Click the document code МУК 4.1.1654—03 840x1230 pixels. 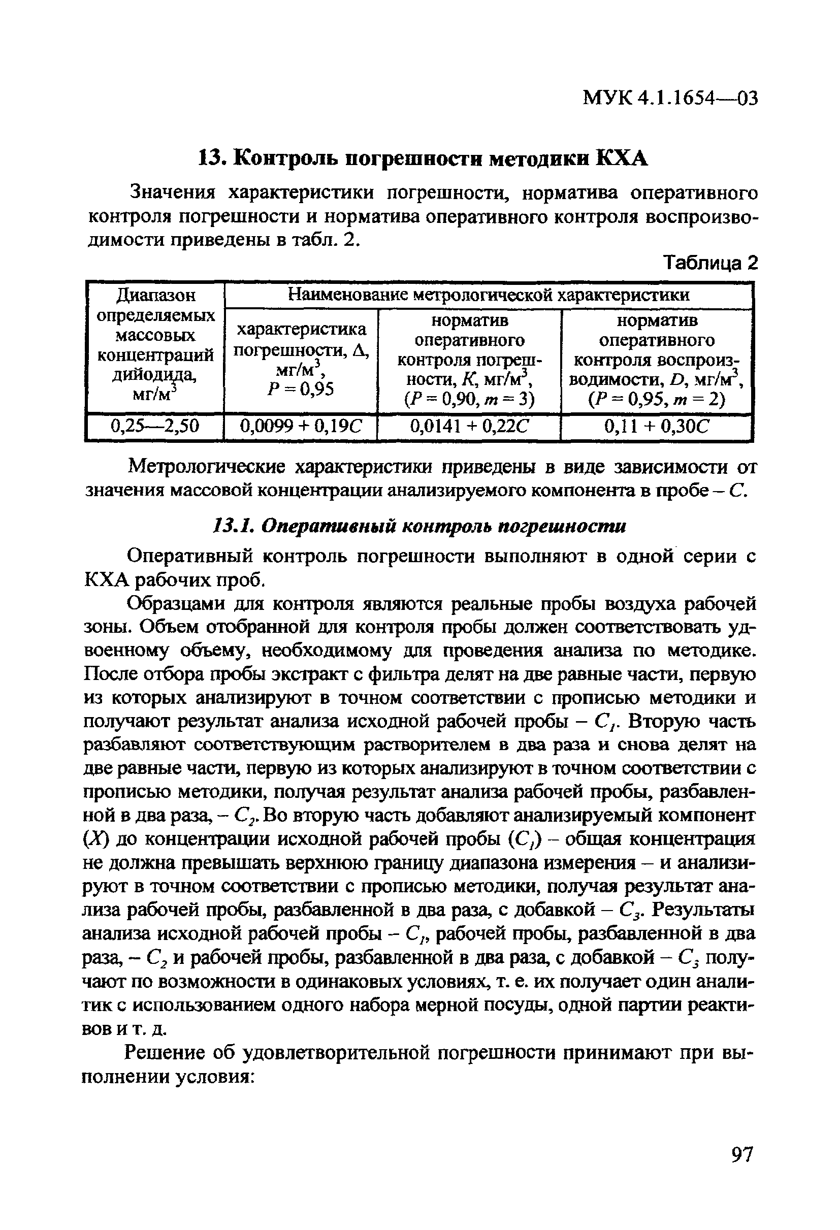tap(670, 98)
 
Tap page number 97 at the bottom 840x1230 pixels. tap(741, 1169)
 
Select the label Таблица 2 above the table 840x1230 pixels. tap(710, 263)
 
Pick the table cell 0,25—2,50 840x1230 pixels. tap(154, 426)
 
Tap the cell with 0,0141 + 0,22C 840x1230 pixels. tap(469, 426)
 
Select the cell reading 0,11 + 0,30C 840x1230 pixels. tap(656, 426)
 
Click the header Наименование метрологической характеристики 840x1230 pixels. tap(488, 294)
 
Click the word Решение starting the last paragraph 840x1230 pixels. tap(164, 1053)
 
